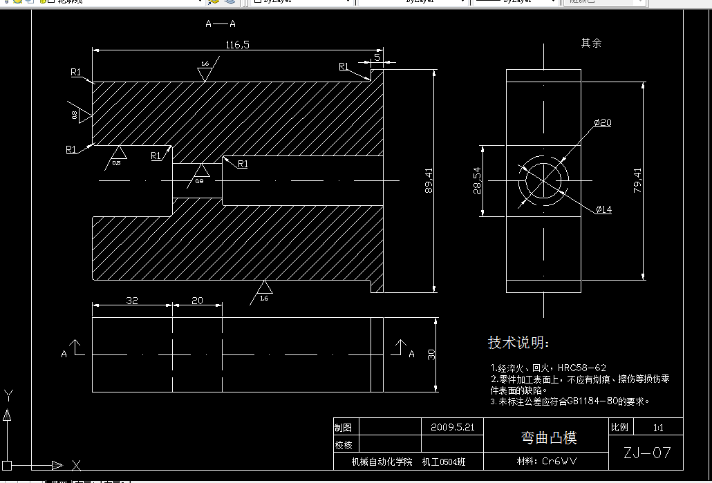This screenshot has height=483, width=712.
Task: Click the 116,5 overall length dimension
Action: coord(237,45)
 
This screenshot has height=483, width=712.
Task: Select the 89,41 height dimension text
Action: coord(429,180)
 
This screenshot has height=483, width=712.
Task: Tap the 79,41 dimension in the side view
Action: coord(637,181)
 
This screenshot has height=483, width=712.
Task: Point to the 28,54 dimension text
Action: coord(476,180)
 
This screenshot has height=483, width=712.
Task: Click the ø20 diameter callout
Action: coord(603,123)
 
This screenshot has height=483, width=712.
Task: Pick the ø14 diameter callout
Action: coord(603,209)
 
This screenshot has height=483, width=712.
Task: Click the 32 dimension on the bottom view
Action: coord(132,301)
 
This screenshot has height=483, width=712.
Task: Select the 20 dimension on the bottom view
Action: coord(197,301)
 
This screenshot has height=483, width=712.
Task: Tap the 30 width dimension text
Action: coord(431,354)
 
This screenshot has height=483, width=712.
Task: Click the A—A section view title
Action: coord(221,24)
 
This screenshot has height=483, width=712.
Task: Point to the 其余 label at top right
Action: coord(591,43)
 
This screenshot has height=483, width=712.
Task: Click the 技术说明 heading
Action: coord(519,343)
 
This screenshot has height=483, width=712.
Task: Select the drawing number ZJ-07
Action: coord(647,453)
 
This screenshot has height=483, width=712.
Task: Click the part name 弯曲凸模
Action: coord(548,437)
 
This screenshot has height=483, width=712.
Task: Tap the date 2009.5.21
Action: coord(452,427)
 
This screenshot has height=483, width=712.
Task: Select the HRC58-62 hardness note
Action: coord(581,368)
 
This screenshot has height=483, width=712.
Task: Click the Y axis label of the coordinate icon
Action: coord(8,395)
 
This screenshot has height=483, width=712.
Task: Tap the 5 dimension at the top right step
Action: coord(377,55)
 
